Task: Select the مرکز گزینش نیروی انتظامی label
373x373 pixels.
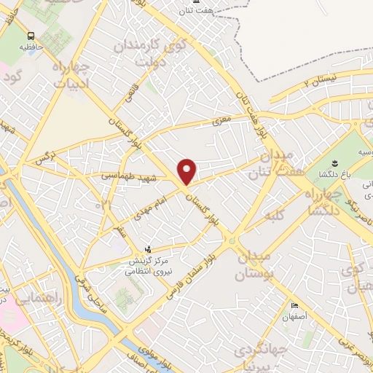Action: click(149, 265)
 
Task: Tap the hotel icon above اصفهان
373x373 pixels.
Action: click(295, 305)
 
